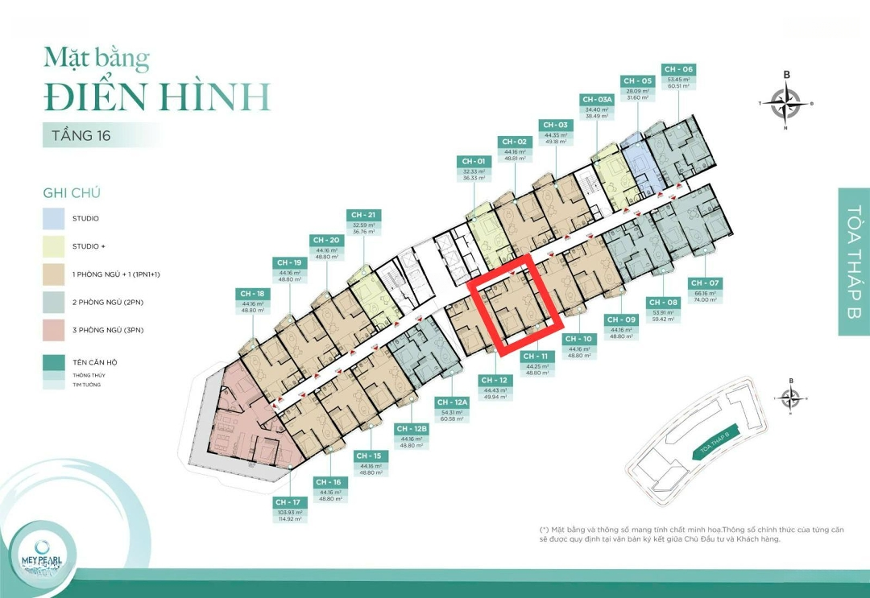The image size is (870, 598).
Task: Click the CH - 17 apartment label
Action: pos(288,502)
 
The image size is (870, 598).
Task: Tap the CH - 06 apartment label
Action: pos(677,69)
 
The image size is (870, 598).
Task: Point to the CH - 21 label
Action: pos(364,215)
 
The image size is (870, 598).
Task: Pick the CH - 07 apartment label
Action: pos(705,283)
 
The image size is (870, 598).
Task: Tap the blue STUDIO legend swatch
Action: pos(55,218)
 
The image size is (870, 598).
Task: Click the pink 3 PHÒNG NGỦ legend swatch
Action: pos(55,330)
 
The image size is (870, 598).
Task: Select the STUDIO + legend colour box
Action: pos(55,246)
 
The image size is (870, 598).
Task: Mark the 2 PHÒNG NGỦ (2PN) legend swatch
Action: pos(55,302)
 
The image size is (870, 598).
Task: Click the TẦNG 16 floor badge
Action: pos(81,135)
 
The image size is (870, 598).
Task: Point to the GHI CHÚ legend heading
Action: pos(72,193)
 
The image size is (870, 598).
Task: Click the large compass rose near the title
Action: pos(786,103)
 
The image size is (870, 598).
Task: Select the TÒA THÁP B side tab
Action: pos(854,261)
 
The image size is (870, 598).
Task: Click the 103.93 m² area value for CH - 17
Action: pos(288,512)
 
